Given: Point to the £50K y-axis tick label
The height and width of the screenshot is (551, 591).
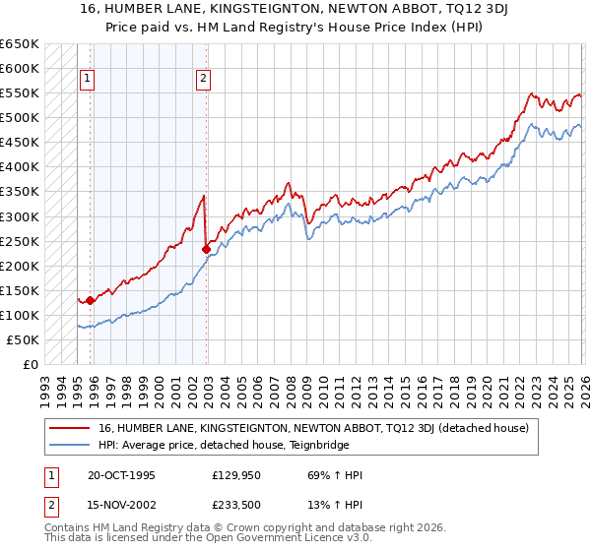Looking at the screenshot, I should click(x=22, y=339).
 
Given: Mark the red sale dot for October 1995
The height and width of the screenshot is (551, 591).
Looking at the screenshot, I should click(x=90, y=300).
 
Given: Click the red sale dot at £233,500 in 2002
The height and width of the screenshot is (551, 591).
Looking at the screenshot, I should click(x=206, y=249).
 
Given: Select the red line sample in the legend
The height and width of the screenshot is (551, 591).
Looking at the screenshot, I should click(x=70, y=428).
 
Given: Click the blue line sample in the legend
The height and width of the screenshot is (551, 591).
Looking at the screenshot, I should click(x=70, y=445).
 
